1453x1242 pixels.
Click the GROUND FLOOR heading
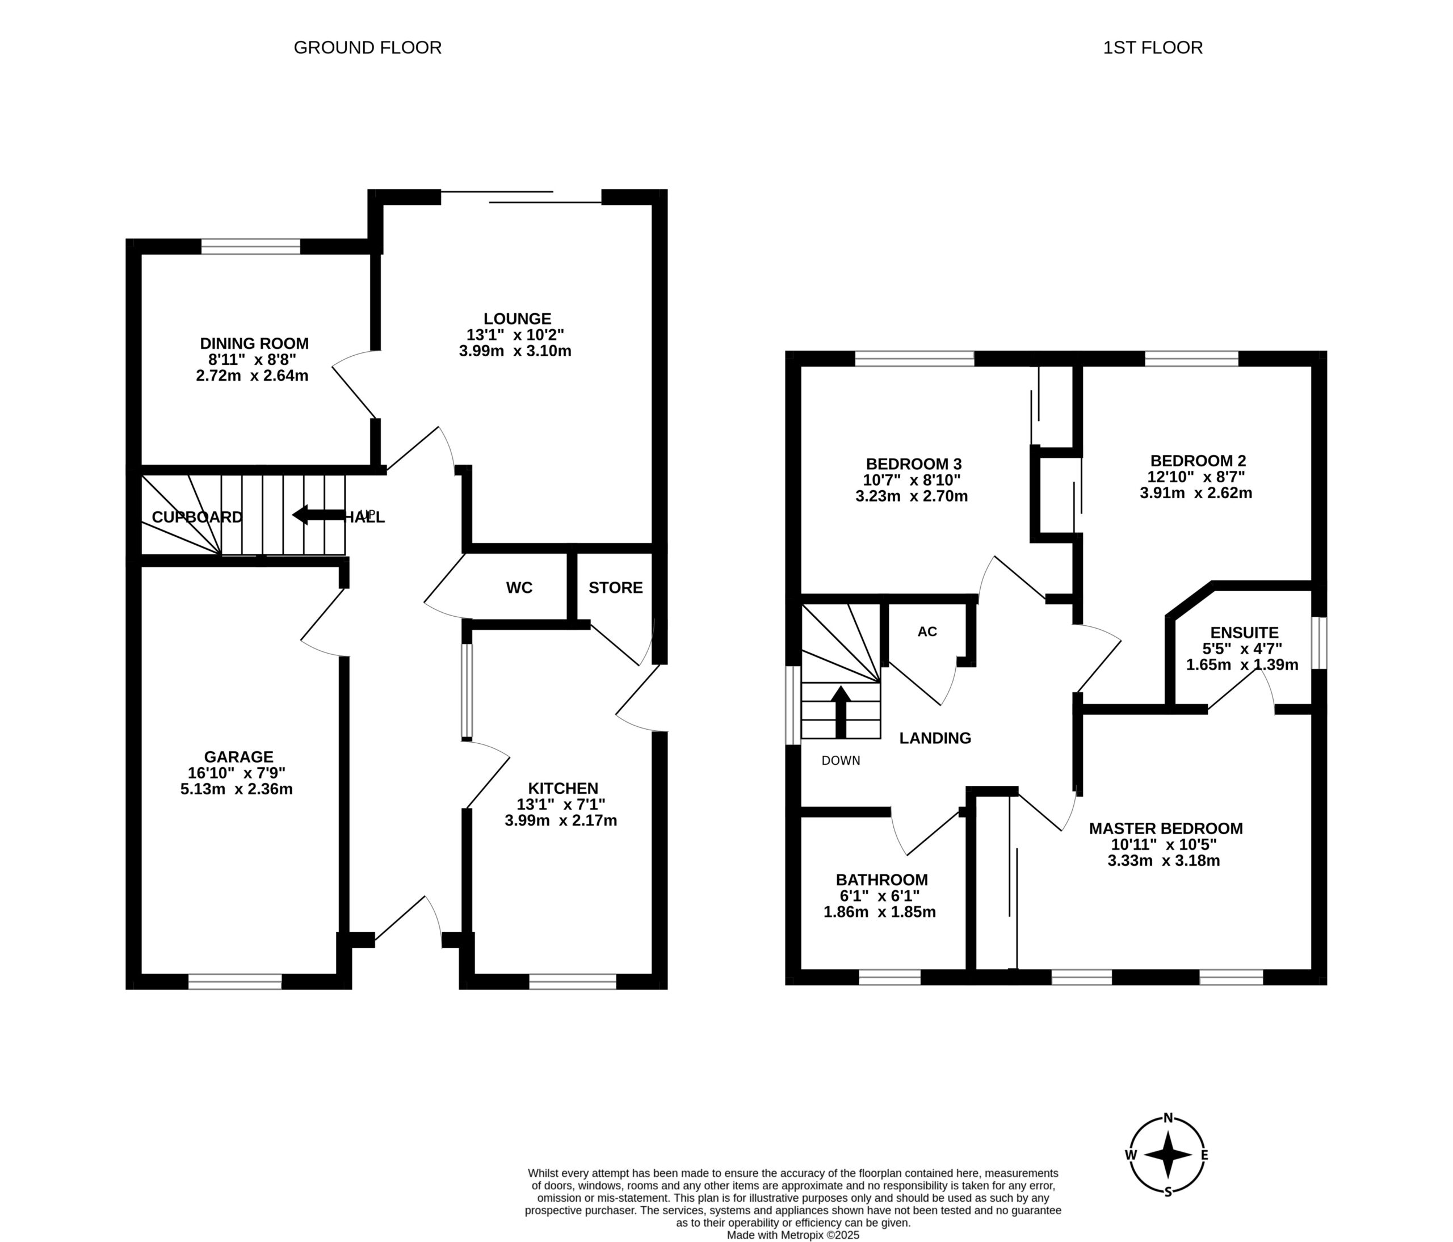point(367,48)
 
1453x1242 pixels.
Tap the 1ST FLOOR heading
point(1153,48)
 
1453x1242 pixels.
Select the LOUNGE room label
point(518,319)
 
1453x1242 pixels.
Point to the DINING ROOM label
point(254,343)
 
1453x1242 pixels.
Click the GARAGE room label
point(238,756)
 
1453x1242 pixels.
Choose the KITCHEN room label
point(563,788)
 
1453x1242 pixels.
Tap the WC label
point(520,587)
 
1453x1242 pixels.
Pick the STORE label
point(616,587)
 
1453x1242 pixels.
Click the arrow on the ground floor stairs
point(318,515)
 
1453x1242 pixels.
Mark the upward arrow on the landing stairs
point(841,712)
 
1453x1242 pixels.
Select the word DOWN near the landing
point(841,760)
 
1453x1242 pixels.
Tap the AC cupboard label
point(927,631)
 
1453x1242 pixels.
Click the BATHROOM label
point(881,879)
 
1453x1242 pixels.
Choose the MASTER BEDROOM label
point(1165,828)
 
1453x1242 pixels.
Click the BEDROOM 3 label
point(914,464)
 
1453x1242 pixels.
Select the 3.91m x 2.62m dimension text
point(1196,492)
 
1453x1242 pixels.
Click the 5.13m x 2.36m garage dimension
point(236,789)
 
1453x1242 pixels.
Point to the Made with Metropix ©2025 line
point(793,1235)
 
